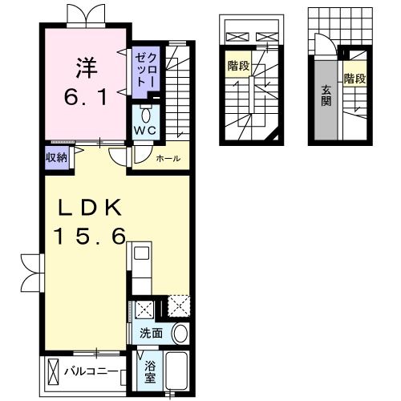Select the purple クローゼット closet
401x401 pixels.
146,69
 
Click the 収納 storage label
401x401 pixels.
55,156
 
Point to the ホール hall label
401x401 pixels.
168,158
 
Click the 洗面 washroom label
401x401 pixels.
152,333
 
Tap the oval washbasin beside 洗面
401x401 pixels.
180,334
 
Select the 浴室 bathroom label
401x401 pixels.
150,372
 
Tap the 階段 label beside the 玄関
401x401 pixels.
355,79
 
